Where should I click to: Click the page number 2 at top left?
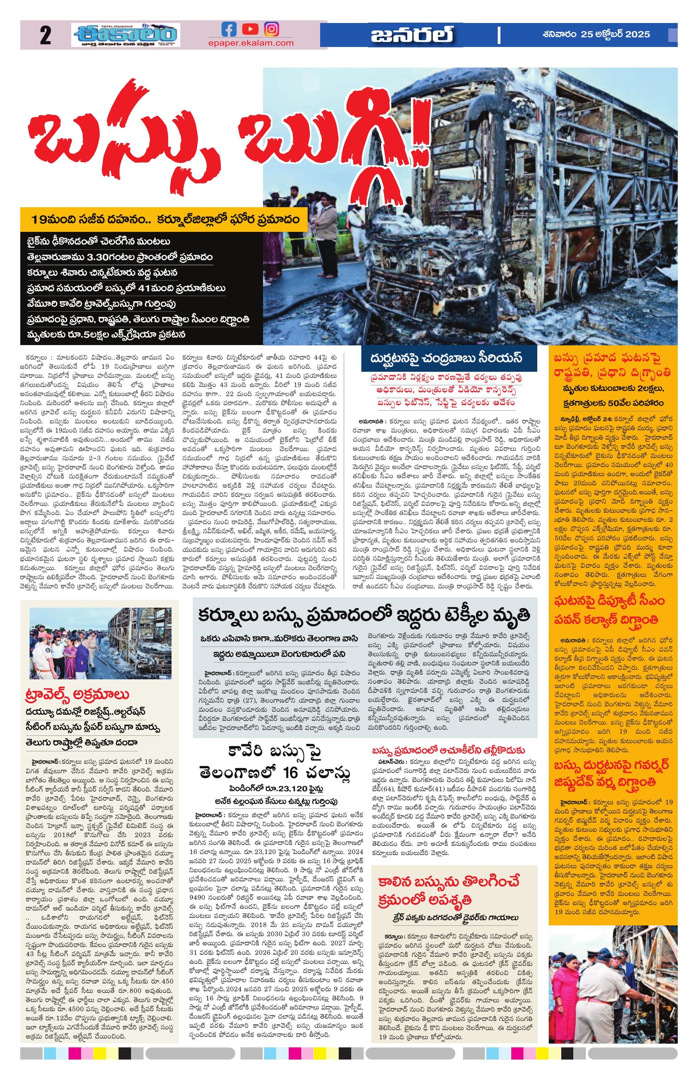click(45, 35)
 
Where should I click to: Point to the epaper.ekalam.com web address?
click(251, 43)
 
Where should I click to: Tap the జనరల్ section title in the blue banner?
click(412, 34)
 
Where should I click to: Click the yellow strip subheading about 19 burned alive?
click(165, 220)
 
